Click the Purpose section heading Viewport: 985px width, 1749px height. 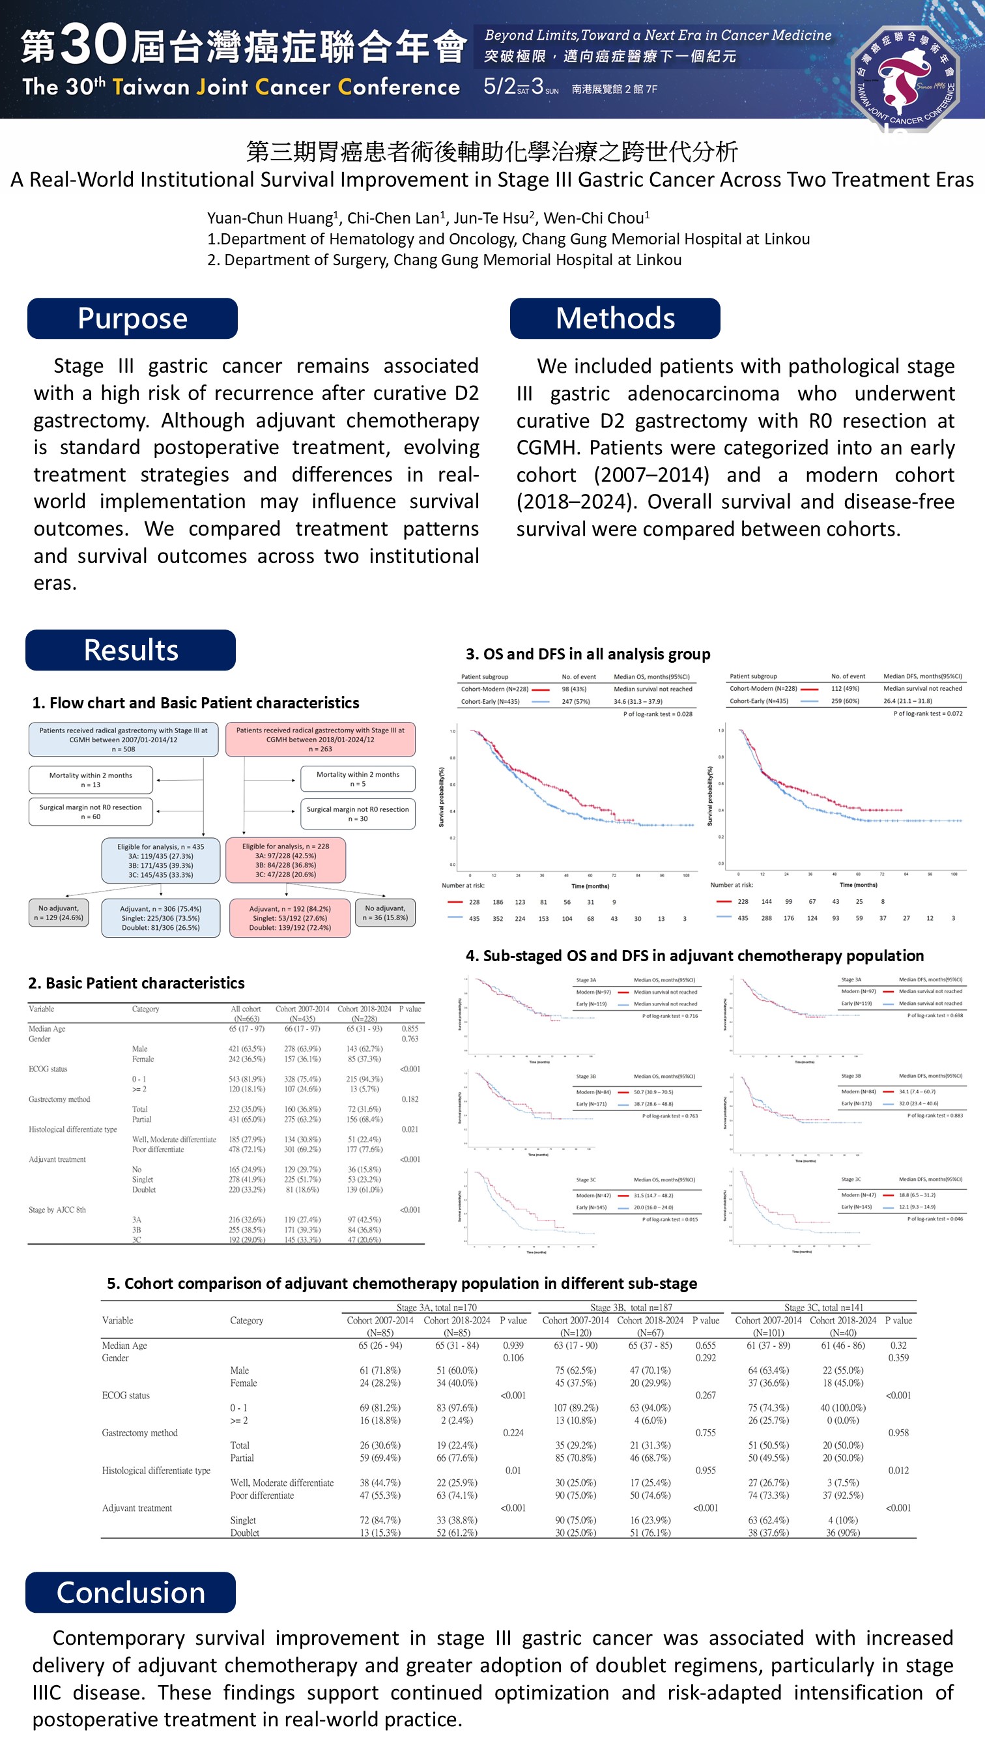point(132,319)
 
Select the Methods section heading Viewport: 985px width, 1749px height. point(615,319)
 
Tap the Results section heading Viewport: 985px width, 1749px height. point(131,650)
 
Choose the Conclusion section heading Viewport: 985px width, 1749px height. point(131,1592)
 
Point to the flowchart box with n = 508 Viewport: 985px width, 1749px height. point(124,740)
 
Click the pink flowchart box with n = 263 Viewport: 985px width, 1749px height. point(320,740)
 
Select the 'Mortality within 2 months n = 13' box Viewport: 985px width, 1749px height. point(91,779)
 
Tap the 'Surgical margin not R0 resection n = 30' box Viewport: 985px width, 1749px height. point(358,813)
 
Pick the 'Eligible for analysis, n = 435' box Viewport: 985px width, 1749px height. point(161,860)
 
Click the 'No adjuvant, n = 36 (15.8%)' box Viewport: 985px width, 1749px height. point(385,912)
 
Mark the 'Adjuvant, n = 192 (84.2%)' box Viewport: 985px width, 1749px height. point(290,918)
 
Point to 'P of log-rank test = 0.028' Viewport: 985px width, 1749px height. point(658,714)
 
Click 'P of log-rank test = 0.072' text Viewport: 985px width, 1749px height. point(928,713)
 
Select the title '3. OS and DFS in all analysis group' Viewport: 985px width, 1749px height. point(588,654)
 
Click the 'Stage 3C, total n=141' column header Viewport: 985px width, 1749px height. point(823,1307)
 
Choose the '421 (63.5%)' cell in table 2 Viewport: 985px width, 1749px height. point(247,1048)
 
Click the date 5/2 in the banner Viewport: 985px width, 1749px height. point(500,86)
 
